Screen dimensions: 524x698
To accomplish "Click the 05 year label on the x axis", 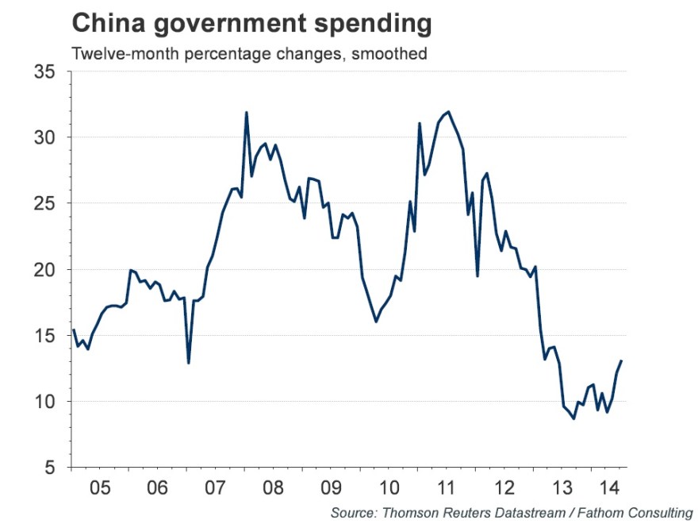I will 99,485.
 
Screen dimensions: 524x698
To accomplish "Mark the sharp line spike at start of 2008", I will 247,113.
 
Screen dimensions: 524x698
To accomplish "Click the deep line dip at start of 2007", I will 188,363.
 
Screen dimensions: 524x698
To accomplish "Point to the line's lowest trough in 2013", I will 573,418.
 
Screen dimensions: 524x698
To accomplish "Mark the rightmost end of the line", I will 622,360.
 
